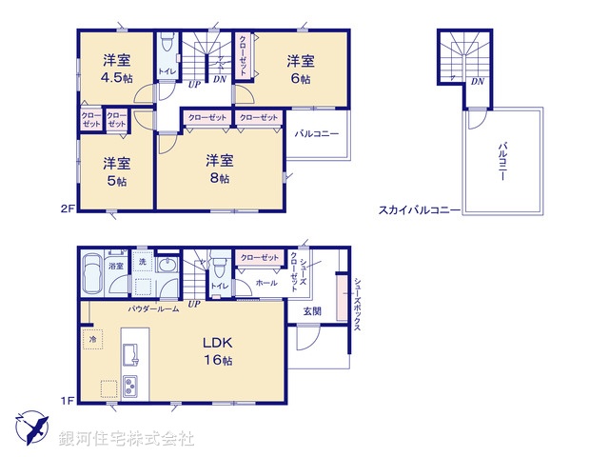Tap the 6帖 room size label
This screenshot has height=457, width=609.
[301, 80]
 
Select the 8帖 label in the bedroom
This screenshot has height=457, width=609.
[220, 177]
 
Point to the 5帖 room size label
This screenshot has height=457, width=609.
[115, 180]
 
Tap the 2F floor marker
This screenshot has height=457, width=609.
[67, 206]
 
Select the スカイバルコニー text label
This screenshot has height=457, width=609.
[419, 209]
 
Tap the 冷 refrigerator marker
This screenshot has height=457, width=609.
[93, 338]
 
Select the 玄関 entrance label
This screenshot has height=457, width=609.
[312, 311]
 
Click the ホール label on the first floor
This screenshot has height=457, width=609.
[266, 283]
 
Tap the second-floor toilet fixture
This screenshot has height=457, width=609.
[166, 43]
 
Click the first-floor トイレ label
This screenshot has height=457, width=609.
[219, 286]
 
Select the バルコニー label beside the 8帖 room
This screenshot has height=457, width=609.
[316, 134]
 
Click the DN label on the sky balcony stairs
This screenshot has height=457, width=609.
[475, 82]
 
